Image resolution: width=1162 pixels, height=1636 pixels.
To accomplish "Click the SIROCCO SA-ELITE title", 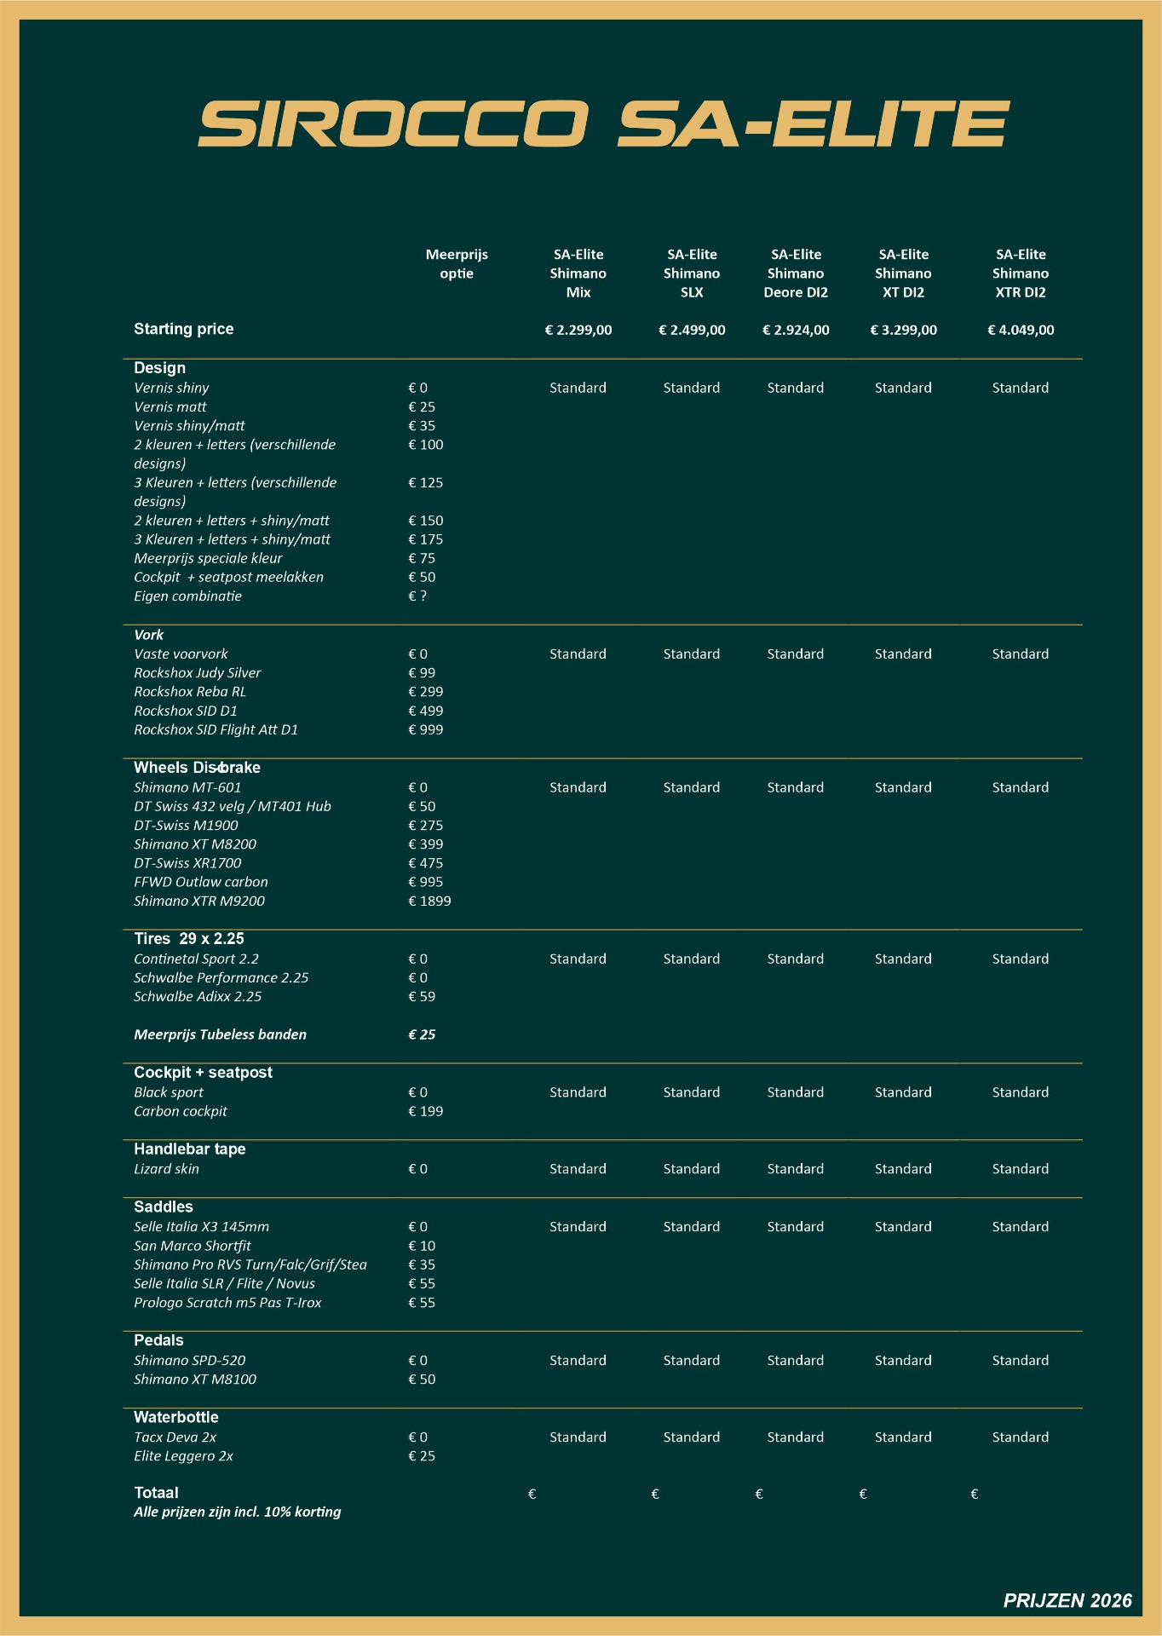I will [603, 124].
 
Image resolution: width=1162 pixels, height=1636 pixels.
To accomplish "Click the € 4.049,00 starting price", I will [1021, 330].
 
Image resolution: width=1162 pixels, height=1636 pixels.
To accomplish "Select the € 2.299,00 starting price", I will [578, 330].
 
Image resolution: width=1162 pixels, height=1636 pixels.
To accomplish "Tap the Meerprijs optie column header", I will [457, 264].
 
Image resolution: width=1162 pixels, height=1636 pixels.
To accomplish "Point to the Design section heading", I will [159, 368].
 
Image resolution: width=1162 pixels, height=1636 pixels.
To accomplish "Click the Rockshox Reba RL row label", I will [190, 692].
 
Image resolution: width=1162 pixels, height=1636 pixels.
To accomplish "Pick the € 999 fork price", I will [426, 729].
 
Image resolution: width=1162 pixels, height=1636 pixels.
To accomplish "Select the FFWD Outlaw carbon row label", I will [201, 882].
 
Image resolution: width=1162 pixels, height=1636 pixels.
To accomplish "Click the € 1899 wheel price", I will [429, 901].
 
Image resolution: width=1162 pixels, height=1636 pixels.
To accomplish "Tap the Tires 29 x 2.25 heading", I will [189, 939].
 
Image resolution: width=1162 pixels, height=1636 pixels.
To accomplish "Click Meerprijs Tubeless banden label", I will [220, 1034].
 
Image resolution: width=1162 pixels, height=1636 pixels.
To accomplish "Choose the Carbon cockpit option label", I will [181, 1111].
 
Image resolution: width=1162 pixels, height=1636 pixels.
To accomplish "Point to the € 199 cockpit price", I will [426, 1111].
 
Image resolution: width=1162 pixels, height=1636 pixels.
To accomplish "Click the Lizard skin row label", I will [166, 1169].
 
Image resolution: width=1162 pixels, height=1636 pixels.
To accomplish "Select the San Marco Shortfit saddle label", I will [193, 1246].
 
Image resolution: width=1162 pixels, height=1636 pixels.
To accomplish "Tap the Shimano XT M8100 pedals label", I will [195, 1380].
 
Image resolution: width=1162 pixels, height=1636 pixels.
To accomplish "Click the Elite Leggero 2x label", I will [183, 1456].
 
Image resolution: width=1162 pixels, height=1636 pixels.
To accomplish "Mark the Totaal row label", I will [156, 1493].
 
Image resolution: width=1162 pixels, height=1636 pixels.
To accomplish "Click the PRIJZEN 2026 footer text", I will [1067, 1601].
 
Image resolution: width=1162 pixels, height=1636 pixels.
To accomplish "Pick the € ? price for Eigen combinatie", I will [417, 596].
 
